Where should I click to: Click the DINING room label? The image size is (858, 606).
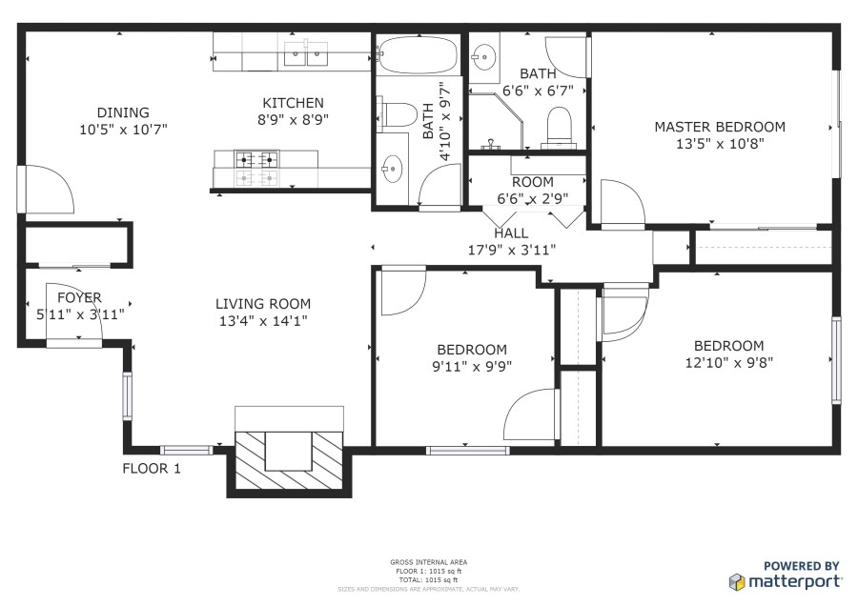[x=123, y=112]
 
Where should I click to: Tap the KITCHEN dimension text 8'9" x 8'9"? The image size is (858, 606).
[x=294, y=120]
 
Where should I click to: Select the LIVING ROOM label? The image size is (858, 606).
[x=263, y=304]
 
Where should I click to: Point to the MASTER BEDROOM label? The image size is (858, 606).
[x=720, y=127]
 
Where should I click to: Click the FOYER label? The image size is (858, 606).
[x=80, y=297]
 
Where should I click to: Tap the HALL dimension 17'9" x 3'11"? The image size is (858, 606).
[x=512, y=250]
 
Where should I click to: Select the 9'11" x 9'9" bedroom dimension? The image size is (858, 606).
[x=472, y=366]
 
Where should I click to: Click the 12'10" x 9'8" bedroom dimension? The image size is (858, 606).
[x=729, y=363]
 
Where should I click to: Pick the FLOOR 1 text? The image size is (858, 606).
[x=152, y=469]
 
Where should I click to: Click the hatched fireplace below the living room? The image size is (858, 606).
[x=289, y=460]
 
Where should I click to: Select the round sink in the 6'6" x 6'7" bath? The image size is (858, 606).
[x=483, y=56]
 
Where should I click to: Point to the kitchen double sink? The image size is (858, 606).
[x=306, y=53]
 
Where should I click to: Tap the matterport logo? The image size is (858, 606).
[x=786, y=581]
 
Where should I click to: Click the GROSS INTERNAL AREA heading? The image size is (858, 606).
[x=428, y=562]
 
